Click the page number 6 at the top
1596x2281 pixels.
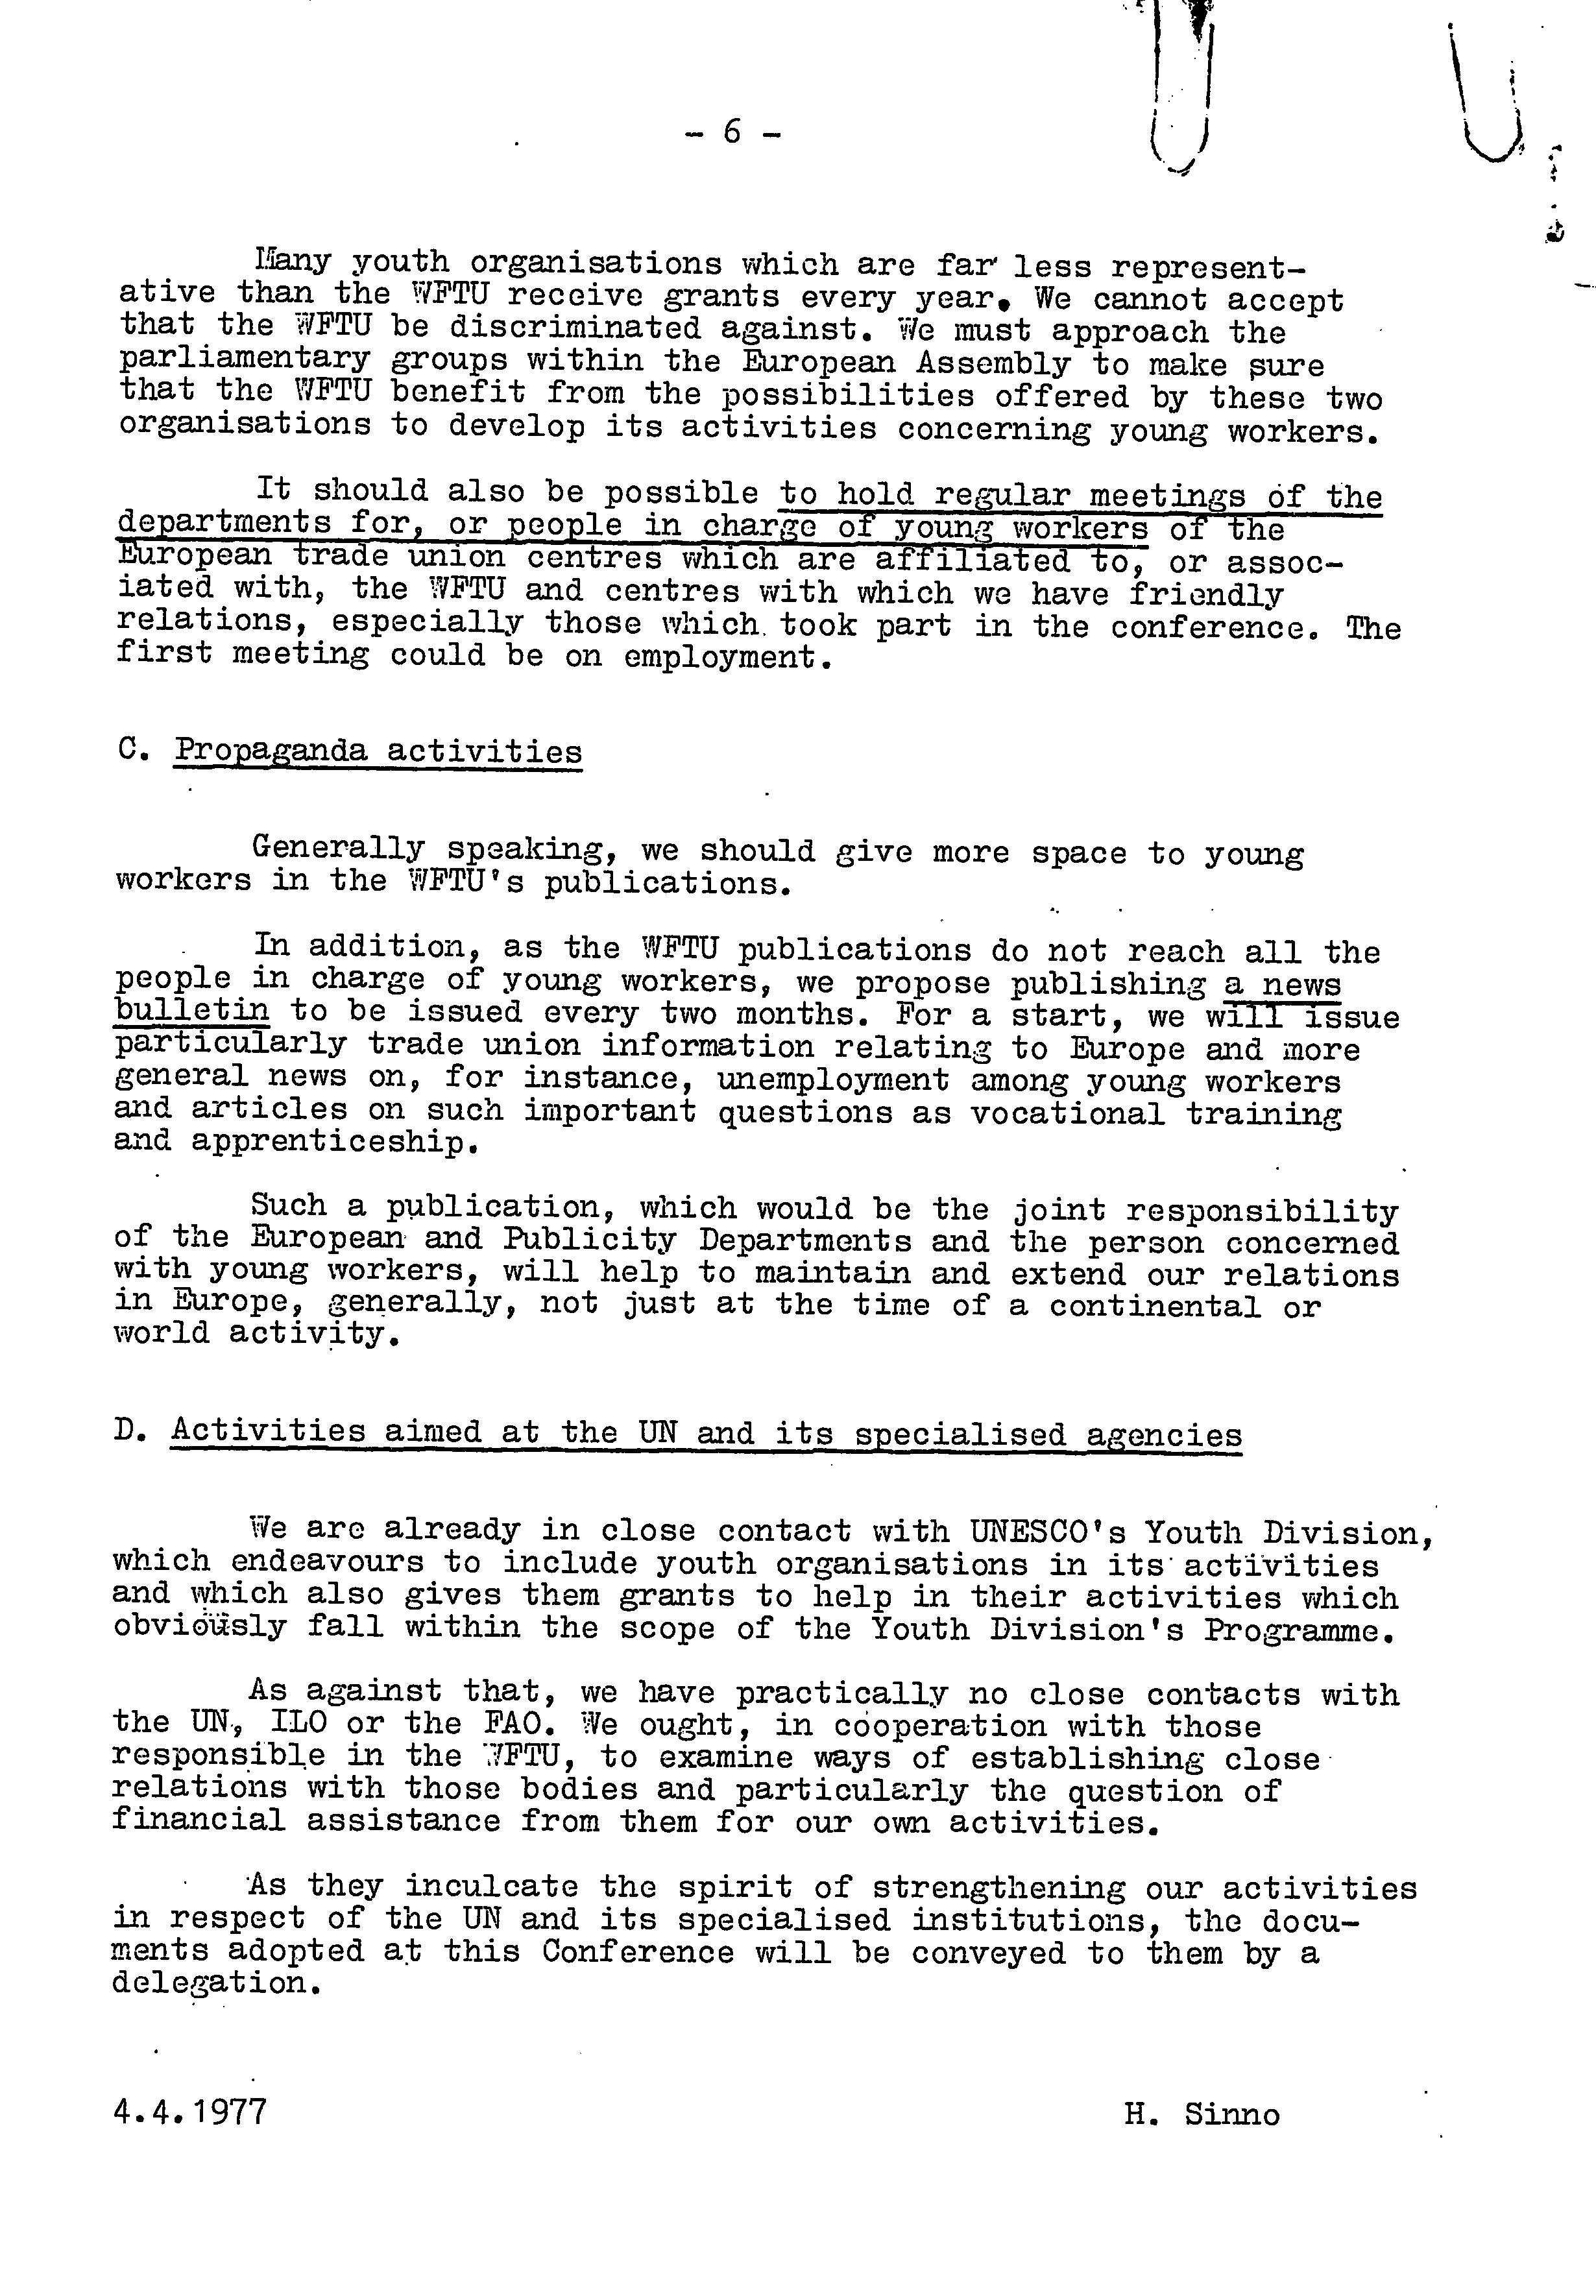732,131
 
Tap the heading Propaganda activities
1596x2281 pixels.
379,751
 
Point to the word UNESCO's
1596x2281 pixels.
1045,1532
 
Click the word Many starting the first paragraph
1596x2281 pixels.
292,262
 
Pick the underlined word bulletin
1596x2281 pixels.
192,1011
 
